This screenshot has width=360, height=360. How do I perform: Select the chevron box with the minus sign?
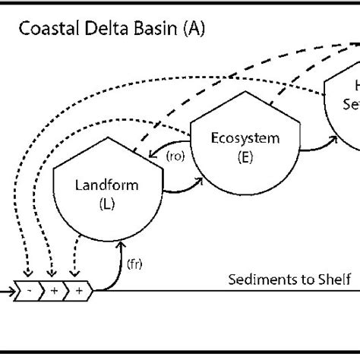[30, 291]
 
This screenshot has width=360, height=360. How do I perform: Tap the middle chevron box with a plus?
[52, 291]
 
